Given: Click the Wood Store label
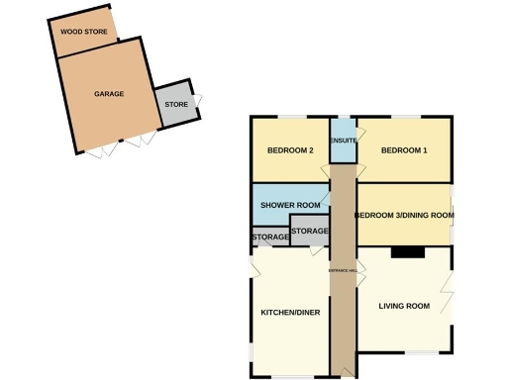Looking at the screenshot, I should (84, 32).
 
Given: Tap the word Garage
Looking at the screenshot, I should (109, 94).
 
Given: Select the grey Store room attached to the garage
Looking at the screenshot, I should (176, 103).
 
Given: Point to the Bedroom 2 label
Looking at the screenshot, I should (290, 150).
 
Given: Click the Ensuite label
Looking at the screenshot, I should (343, 141).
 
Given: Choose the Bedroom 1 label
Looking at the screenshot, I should (404, 150).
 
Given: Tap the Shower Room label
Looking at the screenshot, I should (290, 205).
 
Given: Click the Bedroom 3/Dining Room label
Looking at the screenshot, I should (404, 214).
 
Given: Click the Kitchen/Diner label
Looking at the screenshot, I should (290, 313).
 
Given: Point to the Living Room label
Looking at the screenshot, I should (404, 306).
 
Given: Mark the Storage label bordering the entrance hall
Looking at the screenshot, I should (310, 231).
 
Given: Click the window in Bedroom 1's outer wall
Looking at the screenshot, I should (406, 118).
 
